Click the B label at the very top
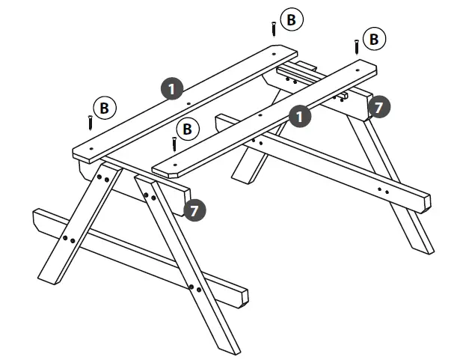(292, 20)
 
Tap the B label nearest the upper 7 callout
(373, 38)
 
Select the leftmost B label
(105, 109)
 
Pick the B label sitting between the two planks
(188, 129)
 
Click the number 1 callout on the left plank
(173, 89)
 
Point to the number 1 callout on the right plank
(300, 117)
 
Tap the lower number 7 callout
(194, 210)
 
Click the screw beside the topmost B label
(274, 28)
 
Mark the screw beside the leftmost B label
(90, 121)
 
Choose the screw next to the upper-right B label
(357, 46)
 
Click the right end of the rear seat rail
(426, 201)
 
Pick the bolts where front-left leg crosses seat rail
(68, 240)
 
